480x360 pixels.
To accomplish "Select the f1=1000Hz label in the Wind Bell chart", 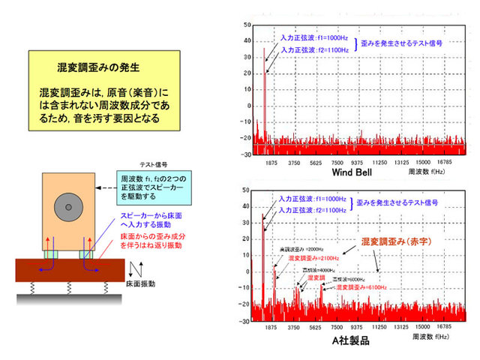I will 314,37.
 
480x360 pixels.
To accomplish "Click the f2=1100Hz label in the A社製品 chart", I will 314,211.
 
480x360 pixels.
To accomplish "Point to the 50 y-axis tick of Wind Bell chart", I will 246,25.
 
